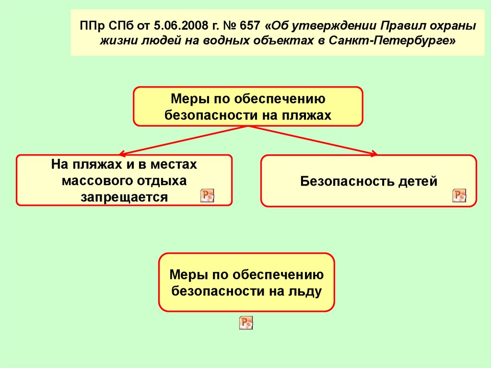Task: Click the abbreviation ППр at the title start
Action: [x=90, y=25]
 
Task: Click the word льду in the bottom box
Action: [x=305, y=291]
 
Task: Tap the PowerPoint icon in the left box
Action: [x=207, y=195]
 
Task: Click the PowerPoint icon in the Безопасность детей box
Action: [x=459, y=195]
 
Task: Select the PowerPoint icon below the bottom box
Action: [x=246, y=323]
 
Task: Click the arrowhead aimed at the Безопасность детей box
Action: [x=374, y=153]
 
